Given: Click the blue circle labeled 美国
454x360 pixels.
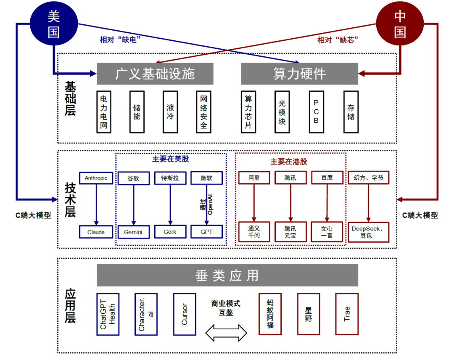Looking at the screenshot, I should coord(53,24).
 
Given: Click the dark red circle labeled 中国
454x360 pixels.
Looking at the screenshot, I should coord(400,24).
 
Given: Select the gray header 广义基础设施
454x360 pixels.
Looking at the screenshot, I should coord(155,74).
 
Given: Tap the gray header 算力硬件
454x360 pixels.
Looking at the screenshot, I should coord(299,74).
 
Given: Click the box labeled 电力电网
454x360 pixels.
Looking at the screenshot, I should coord(103,112).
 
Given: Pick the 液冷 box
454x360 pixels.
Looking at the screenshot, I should coord(170,112).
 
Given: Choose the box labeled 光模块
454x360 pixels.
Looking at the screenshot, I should coord(282,112).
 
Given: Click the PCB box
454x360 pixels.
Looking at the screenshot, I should coord(316,112).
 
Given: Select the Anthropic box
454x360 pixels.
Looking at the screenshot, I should coord(96,178).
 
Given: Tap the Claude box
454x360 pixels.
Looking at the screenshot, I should coord(96,232).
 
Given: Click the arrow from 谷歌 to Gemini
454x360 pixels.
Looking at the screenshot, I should coord(134,204).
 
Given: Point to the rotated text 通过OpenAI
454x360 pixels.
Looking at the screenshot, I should coord(206,204).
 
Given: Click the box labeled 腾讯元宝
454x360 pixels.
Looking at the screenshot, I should coord(290,232).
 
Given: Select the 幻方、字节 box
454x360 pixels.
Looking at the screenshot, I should coord(369,178).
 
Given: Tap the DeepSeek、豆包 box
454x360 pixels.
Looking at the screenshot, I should coord(369,232).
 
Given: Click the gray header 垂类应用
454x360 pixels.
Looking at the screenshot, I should coord(227,275).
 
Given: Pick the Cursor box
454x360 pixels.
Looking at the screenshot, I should coord(185,314).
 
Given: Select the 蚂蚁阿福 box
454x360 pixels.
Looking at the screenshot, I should coord(270,314).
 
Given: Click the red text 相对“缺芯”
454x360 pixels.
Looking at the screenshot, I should coord(337,40).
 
